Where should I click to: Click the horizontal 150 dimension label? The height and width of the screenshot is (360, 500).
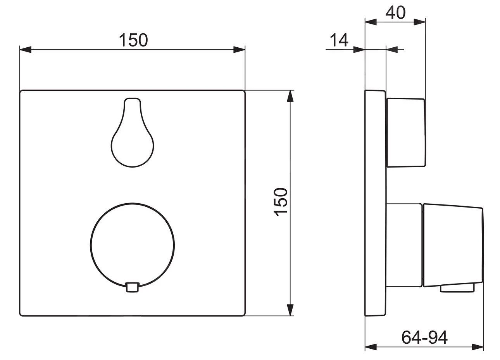point(133,40)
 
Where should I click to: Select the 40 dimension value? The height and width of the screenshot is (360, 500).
point(395,13)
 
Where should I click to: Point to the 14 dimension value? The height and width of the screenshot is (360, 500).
point(339,40)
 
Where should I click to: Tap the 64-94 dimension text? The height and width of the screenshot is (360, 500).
point(424,337)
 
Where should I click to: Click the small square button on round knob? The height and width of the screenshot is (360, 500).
point(133,287)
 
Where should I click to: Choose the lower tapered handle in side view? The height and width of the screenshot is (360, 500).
point(453,245)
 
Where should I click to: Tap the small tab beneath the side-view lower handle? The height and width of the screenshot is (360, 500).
point(457,289)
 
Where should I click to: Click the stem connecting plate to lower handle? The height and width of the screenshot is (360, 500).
point(404,245)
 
